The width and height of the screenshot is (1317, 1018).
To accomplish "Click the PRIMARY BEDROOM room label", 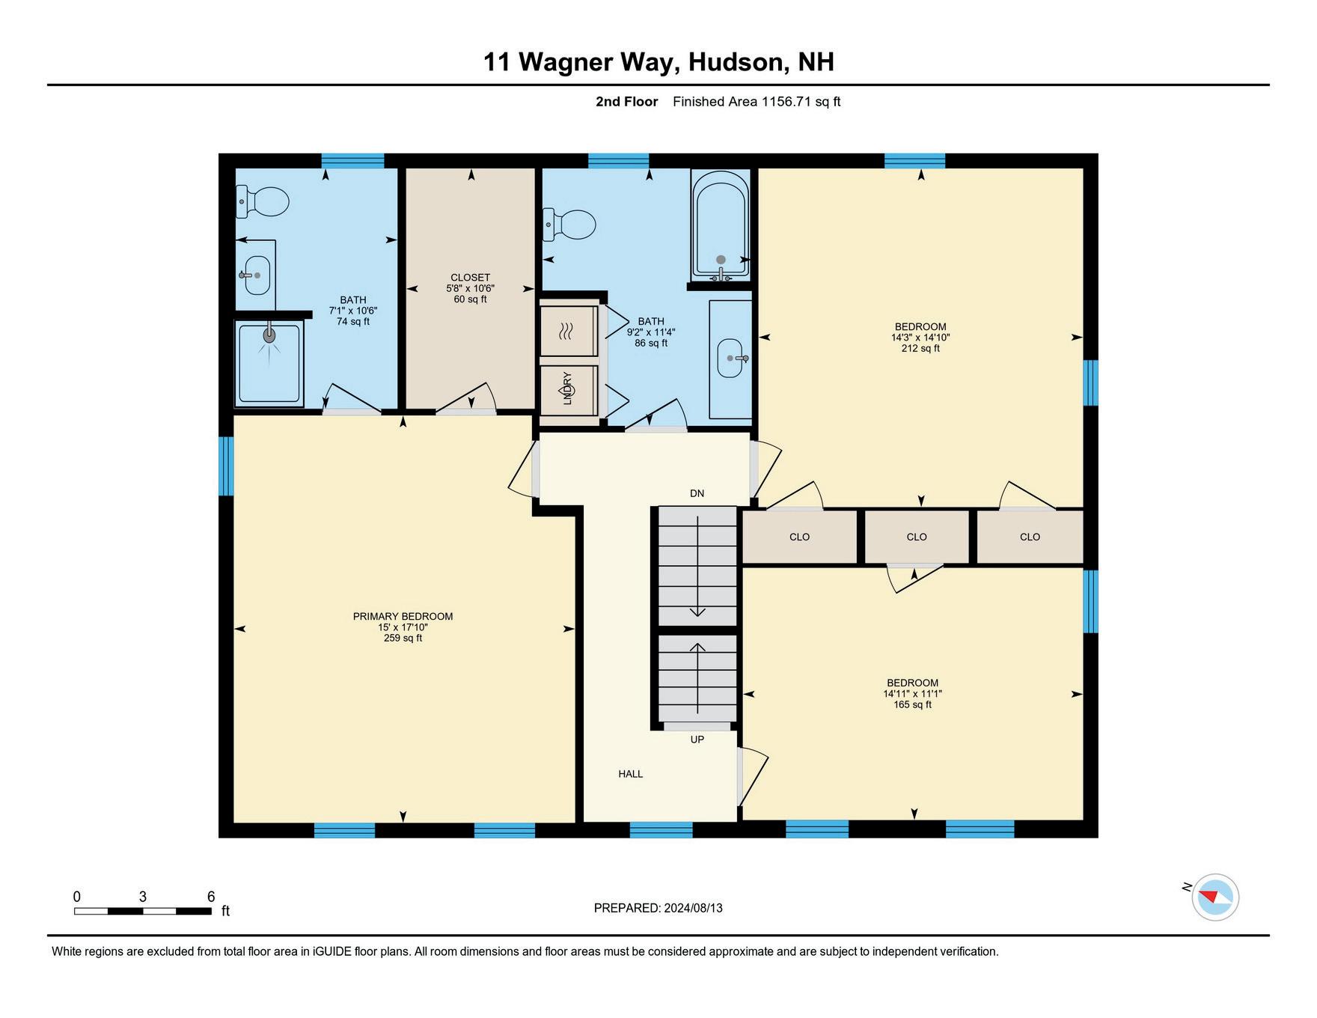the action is [403, 617].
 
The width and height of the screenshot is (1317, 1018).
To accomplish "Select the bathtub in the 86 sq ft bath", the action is [720, 225].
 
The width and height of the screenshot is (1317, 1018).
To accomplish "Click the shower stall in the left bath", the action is [269, 364].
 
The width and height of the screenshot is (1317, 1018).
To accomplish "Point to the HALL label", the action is [631, 774].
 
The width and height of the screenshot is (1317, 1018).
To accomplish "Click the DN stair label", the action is [697, 493].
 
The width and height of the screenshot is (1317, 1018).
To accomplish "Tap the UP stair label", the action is [697, 740].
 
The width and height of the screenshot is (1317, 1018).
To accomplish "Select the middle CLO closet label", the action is [917, 537].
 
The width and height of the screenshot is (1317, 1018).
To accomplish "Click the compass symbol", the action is [1215, 897].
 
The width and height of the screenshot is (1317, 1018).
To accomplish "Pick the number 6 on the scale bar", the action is [211, 897].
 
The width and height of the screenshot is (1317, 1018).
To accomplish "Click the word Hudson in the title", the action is [736, 61].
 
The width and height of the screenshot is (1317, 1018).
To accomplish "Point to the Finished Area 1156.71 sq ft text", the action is [757, 102].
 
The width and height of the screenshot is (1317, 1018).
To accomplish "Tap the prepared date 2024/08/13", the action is [693, 908].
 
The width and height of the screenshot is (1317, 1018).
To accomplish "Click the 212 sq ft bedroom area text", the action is [920, 348].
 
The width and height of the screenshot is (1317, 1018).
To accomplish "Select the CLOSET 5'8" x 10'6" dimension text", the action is [470, 288].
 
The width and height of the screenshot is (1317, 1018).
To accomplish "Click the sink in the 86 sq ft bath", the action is [731, 359].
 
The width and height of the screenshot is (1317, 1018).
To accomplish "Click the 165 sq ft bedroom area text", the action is [912, 704].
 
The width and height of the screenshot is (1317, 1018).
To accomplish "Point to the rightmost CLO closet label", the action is [1030, 537].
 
